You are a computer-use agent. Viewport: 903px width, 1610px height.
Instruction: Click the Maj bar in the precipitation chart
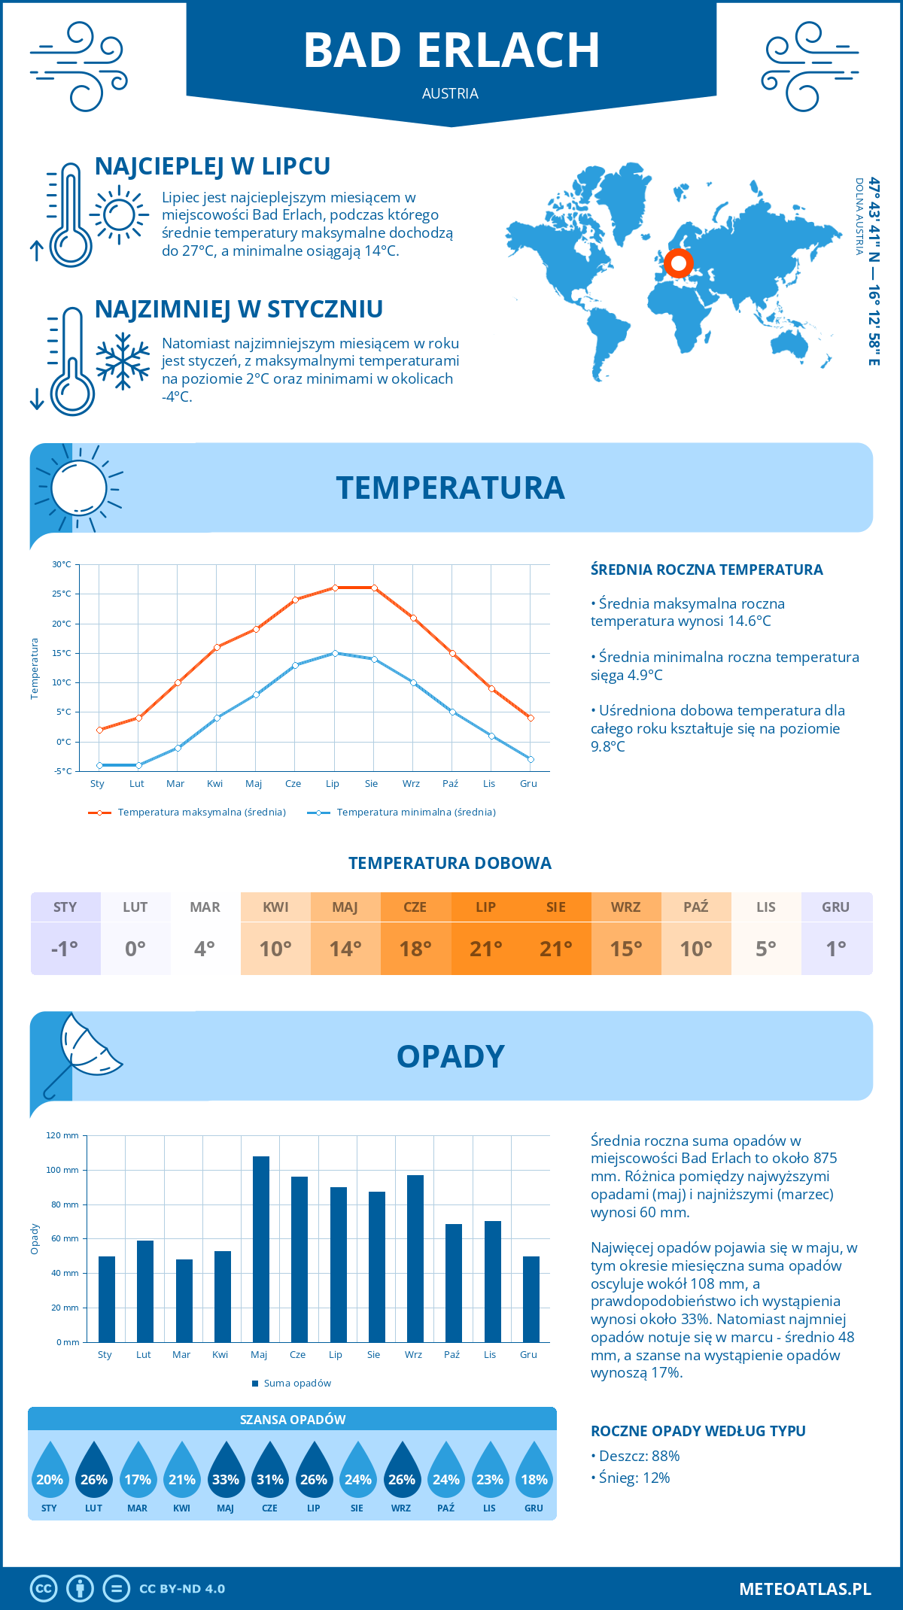tap(260, 1249)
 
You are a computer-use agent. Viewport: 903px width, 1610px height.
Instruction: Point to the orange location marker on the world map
tap(679, 263)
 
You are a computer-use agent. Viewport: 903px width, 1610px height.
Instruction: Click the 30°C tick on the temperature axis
tap(62, 564)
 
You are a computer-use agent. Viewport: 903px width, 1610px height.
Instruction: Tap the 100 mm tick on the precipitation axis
tap(62, 1170)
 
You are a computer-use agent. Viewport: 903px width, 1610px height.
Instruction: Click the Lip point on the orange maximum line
tap(335, 588)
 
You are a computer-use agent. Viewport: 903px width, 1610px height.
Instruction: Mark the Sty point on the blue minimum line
tap(99, 765)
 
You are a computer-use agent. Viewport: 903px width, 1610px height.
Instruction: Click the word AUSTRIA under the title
tap(450, 93)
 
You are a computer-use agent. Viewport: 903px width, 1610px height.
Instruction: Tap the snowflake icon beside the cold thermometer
tap(123, 361)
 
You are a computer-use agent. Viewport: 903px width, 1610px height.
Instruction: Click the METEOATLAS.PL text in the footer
tap(804, 1589)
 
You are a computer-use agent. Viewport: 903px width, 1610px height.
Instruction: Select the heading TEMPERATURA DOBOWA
tap(450, 863)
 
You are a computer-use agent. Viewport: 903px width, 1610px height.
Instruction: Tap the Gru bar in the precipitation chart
tap(531, 1299)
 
